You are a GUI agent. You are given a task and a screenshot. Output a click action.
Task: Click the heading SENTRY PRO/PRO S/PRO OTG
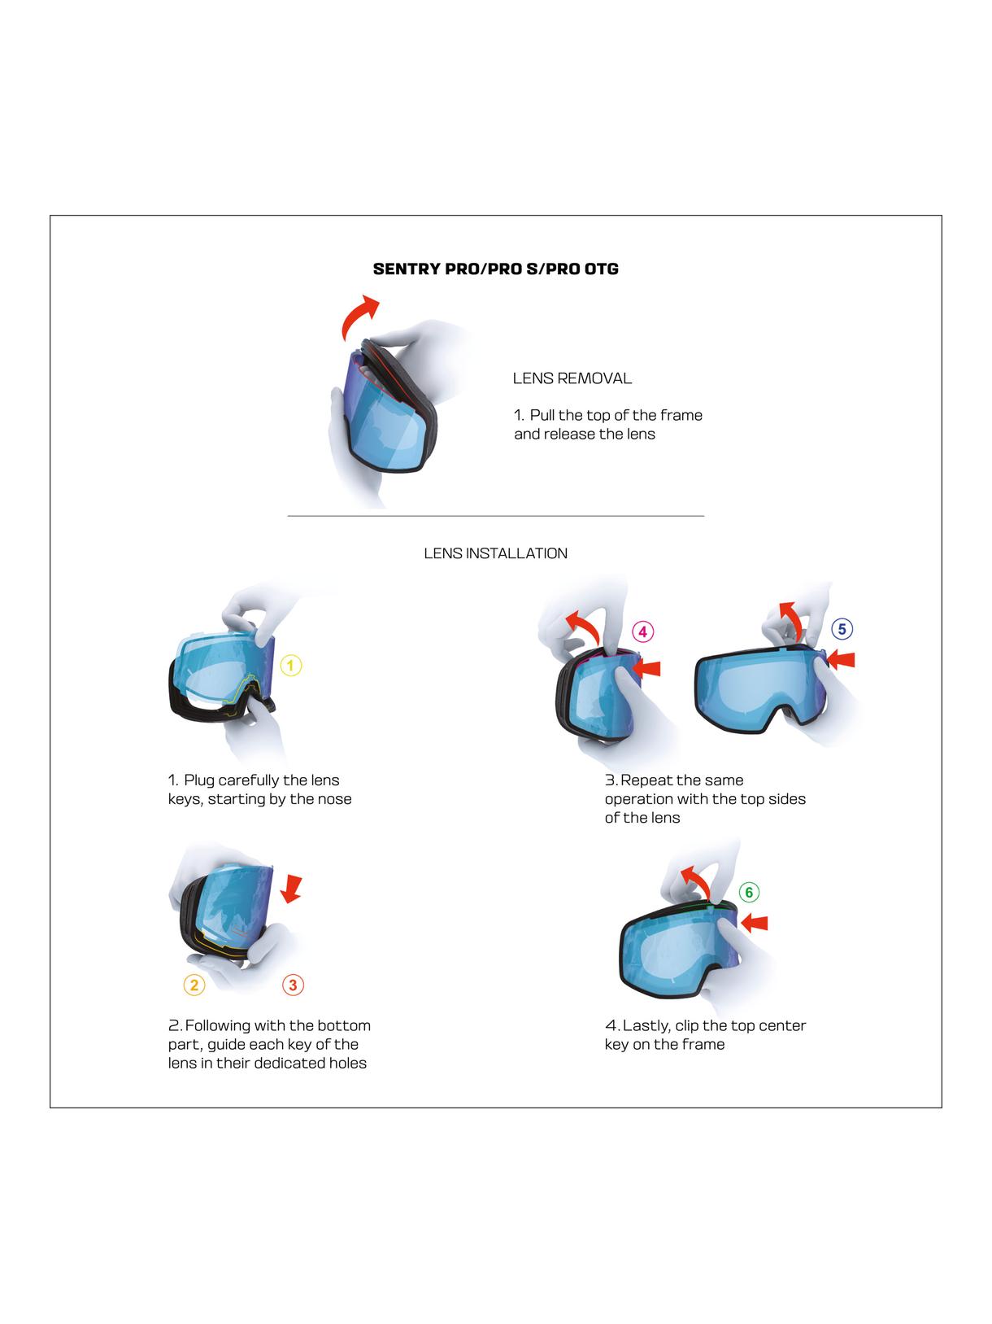(495, 269)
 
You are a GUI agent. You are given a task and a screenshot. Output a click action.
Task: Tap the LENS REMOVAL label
(572, 378)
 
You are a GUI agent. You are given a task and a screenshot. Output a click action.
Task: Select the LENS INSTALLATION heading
(495, 553)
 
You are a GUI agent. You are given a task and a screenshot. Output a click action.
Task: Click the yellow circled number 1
(291, 666)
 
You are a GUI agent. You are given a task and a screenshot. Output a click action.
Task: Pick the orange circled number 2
(194, 985)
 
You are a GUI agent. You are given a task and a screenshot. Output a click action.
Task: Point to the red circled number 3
(293, 985)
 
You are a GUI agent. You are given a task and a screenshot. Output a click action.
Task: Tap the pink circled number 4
(642, 631)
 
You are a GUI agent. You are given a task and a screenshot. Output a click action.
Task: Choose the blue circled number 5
(842, 629)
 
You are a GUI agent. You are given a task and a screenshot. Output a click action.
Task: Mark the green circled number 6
(749, 892)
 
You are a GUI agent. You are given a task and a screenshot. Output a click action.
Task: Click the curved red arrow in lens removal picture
(358, 318)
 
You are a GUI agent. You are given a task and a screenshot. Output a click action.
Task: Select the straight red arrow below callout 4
(647, 668)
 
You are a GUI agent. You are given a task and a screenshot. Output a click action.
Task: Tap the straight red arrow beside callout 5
(843, 658)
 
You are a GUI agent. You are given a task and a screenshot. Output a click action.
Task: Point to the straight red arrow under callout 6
(755, 922)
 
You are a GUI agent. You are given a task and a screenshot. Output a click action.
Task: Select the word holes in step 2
(347, 1064)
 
